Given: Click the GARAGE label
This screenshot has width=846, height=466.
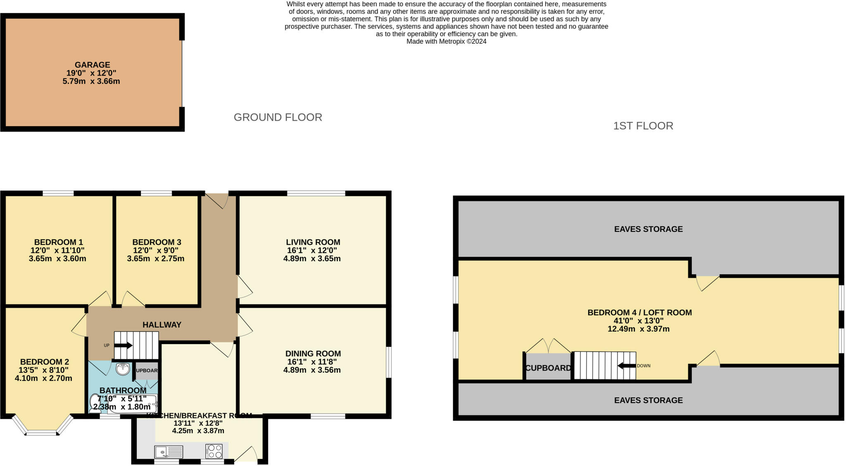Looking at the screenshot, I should click(92, 65).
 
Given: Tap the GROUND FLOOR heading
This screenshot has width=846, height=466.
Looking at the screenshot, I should click(278, 117).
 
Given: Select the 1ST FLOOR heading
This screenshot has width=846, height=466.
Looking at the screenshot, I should click(643, 126).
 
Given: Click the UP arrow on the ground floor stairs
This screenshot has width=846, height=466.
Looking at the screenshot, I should click(123, 345).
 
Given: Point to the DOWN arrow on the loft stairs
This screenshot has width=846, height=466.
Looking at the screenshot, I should click(626, 366).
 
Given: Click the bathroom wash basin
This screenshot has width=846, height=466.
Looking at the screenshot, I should click(123, 369).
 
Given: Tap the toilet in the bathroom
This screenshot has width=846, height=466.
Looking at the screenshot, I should click(95, 403).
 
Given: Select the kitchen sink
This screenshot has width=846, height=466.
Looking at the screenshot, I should click(169, 452).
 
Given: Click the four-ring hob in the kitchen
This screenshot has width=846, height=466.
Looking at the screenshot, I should click(214, 451).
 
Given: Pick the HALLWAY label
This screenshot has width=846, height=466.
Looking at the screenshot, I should click(162, 325).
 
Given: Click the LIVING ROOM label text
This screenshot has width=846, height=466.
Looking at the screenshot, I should click(313, 242).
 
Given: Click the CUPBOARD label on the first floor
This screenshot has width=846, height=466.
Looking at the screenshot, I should click(548, 368).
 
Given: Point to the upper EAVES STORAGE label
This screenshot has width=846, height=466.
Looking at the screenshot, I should click(648, 229).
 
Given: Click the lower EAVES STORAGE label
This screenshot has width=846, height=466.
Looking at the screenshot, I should click(648, 400).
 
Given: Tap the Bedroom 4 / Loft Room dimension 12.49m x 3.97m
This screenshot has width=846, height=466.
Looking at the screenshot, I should click(638, 329).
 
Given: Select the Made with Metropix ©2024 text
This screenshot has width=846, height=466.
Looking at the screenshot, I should click(446, 41).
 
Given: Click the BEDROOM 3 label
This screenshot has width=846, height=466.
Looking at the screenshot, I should click(157, 242).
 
